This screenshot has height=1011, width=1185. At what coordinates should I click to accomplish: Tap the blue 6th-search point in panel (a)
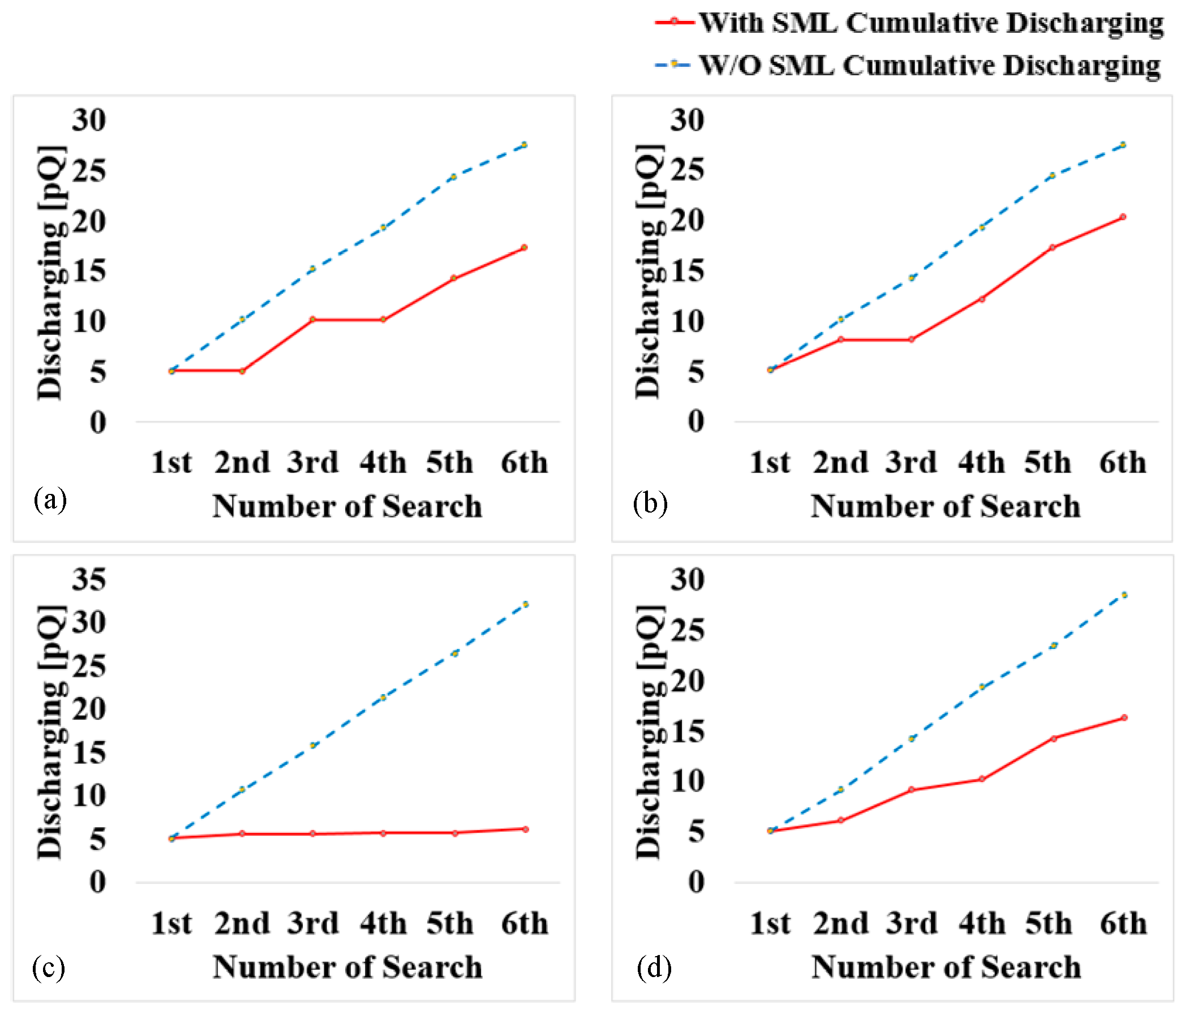(524, 145)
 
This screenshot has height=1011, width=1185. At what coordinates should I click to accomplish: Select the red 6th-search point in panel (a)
(524, 248)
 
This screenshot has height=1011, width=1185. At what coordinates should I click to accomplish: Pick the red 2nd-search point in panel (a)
(242, 371)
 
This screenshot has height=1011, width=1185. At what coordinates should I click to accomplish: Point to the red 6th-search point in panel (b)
(1123, 217)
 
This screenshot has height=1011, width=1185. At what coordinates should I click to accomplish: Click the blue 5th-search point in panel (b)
(1052, 175)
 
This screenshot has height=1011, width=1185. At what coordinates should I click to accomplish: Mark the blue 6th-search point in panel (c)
(525, 604)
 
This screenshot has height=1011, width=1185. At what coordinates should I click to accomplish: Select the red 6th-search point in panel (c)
(525, 829)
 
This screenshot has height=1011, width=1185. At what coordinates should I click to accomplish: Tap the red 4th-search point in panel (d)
(981, 779)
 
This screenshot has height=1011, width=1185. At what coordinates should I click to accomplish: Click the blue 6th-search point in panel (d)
(1124, 595)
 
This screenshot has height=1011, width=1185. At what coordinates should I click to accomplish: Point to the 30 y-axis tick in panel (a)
(89, 120)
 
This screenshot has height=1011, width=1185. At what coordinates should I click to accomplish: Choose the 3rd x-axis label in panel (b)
(911, 462)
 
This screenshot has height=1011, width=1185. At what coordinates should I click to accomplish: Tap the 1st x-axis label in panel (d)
(770, 923)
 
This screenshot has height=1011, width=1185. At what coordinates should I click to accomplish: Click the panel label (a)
(50, 500)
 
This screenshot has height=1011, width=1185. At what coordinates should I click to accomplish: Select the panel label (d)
(654, 967)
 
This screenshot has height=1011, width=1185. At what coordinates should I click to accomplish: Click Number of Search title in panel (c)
(347, 967)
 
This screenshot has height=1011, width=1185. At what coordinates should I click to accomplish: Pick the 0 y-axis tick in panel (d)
(696, 882)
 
